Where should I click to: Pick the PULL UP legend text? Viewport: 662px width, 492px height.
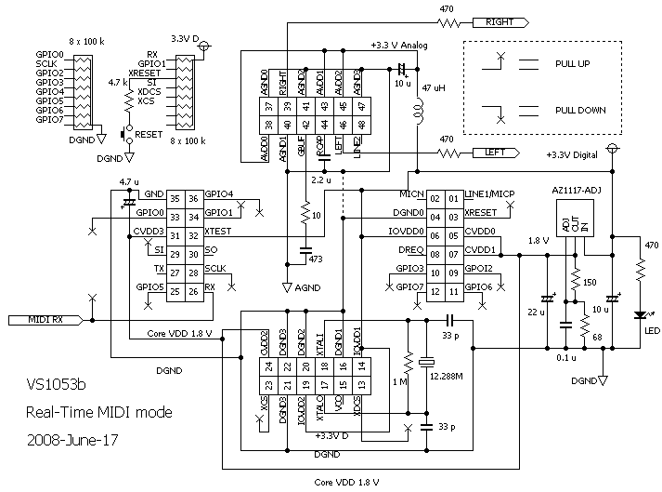(x=573, y=63)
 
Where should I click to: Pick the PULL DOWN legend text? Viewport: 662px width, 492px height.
(x=580, y=110)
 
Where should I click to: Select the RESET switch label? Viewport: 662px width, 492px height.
(x=149, y=134)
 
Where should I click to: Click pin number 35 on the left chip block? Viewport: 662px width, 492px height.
(x=175, y=197)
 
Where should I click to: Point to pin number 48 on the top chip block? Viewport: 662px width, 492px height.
(x=358, y=123)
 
